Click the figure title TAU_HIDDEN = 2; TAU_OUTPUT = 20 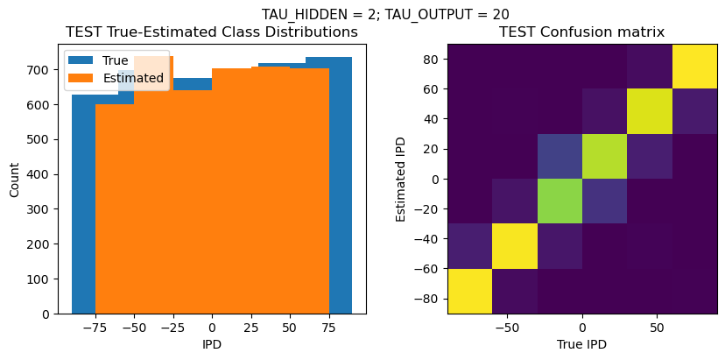click(x=385, y=14)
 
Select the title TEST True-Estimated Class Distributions click(x=212, y=32)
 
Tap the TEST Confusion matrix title click(x=581, y=32)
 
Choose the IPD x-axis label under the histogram click(x=212, y=344)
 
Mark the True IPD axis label click(x=581, y=344)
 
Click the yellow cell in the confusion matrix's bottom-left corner click(x=469, y=292)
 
